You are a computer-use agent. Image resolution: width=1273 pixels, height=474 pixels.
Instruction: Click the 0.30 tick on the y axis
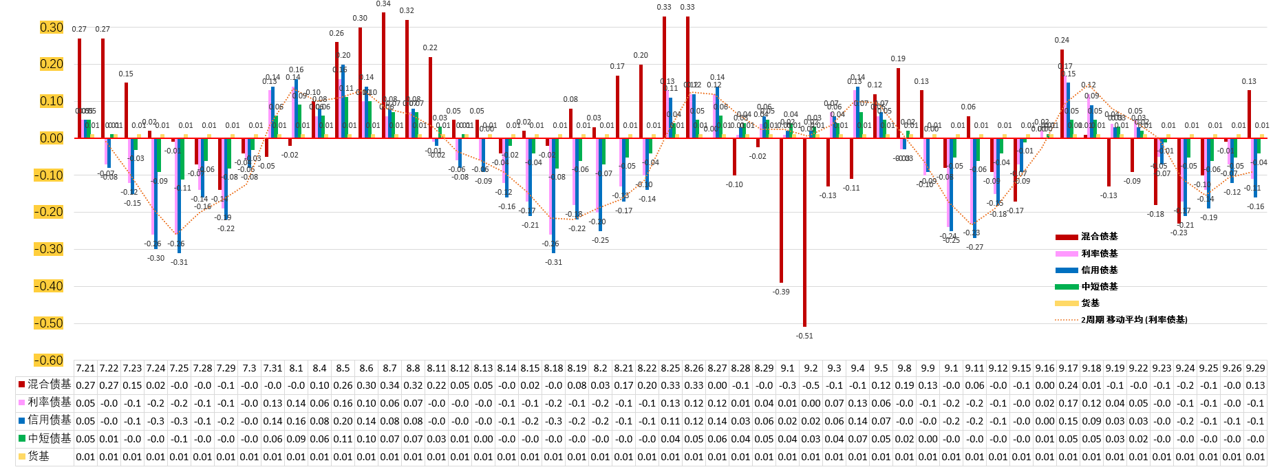coord(52,28)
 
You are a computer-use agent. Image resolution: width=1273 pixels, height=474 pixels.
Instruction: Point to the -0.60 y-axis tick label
coord(49,360)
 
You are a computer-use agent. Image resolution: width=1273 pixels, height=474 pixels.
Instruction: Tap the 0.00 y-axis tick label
coord(52,138)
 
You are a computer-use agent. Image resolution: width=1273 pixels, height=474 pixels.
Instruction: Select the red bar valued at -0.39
coord(781,210)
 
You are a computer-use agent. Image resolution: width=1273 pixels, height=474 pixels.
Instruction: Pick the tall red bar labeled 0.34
coord(383,75)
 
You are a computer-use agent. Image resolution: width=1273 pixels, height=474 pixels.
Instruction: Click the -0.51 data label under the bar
coord(804,336)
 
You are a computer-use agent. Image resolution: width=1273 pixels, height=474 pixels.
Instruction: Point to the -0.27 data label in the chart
coord(975,247)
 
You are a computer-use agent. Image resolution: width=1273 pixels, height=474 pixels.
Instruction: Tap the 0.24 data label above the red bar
coord(1062,41)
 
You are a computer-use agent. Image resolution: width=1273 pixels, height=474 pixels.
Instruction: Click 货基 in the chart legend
coord(1091,303)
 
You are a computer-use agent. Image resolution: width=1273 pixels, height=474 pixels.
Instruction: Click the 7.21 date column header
coord(85,368)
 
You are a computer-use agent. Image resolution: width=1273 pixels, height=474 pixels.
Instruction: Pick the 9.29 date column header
coord(1255,368)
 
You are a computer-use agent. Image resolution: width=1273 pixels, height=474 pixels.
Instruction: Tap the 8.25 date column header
coord(670,368)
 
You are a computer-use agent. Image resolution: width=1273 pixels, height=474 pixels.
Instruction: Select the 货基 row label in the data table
coord(39,456)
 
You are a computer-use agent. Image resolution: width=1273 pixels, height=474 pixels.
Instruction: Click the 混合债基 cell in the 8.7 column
coord(389,385)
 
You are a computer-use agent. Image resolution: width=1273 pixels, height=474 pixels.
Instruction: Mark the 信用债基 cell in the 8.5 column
coord(343,421)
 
